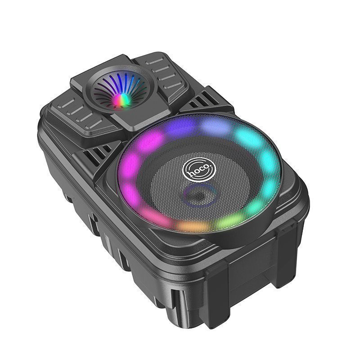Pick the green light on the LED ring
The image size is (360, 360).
(229, 221)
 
